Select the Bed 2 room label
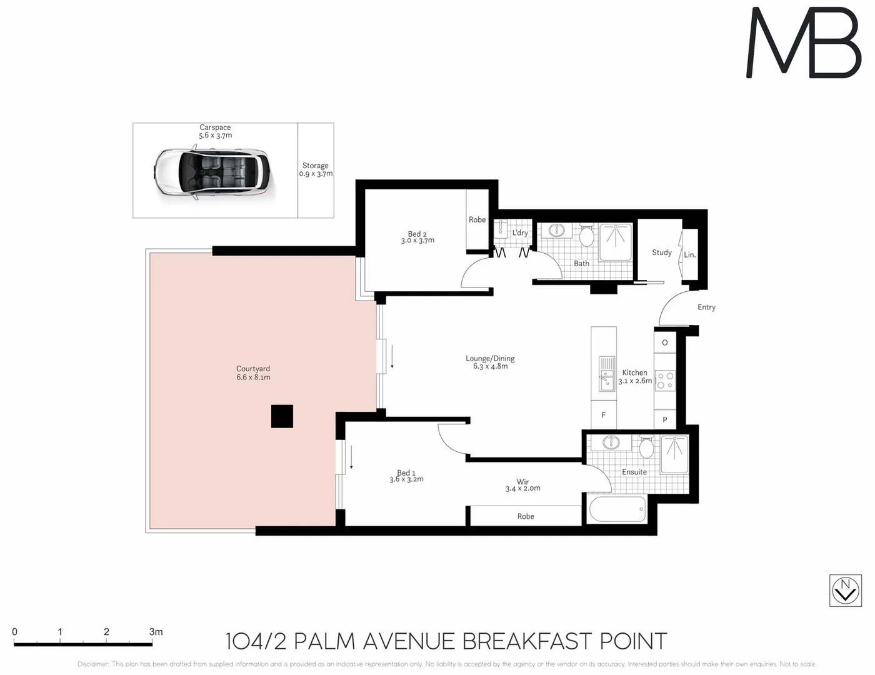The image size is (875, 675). [417, 237]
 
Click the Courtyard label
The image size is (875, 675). [253, 373]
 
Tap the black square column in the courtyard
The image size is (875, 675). [282, 416]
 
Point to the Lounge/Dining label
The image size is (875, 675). [490, 362]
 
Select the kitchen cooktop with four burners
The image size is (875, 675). [665, 381]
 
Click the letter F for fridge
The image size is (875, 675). [603, 415]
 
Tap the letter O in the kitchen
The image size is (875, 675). [664, 342]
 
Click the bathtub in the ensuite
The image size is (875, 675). [617, 509]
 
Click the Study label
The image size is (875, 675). [661, 252]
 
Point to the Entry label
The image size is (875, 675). [706, 307]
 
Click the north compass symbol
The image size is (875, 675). [845, 590]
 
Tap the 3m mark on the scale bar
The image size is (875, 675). [156, 632]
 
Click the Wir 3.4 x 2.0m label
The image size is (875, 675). [523, 485]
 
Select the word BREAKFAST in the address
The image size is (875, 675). [527, 641]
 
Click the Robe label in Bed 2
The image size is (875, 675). [477, 219]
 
